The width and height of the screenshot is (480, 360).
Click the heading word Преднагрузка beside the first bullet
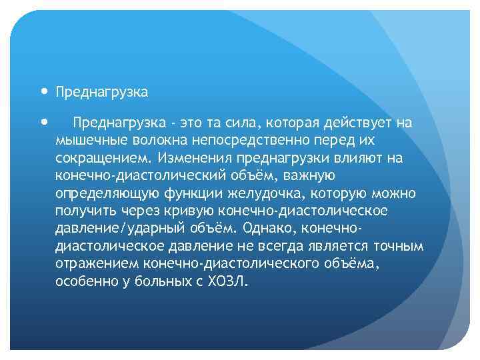coord(102,91)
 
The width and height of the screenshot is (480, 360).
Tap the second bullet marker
coord(44,122)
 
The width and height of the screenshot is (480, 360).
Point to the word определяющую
coord(107,193)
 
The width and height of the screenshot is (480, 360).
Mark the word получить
coord(85,211)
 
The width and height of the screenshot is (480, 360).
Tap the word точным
coord(398,246)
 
